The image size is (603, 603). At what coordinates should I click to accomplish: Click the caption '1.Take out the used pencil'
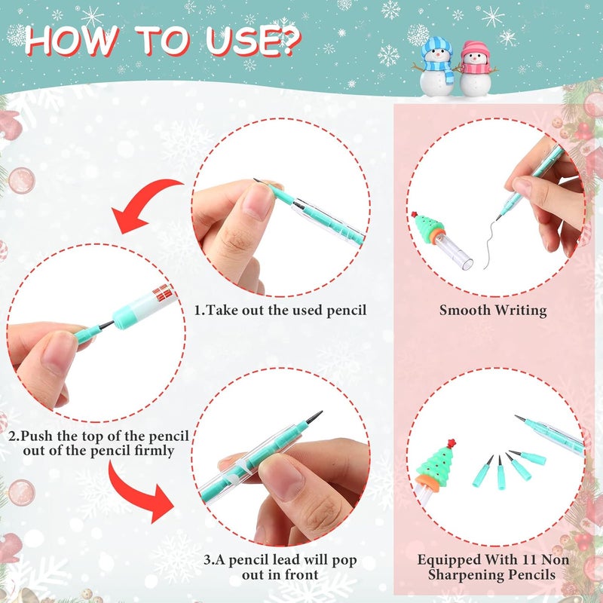click(280, 310)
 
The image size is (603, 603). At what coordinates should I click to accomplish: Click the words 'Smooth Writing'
click(493, 310)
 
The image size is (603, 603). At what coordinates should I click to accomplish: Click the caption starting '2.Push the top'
click(99, 444)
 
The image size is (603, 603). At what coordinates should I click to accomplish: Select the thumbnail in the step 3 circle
click(281, 474)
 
